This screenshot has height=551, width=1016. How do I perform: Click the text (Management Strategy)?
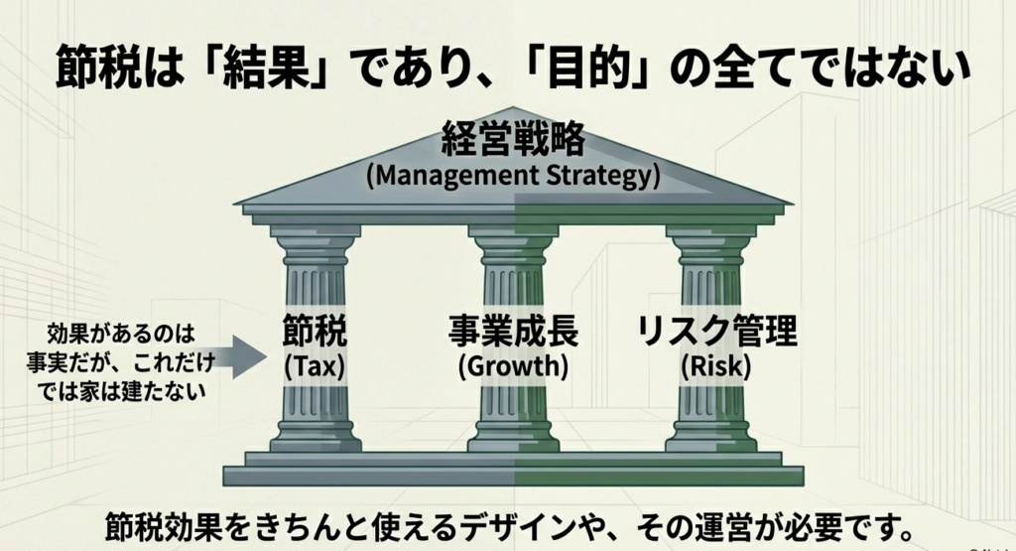pyautogui.click(x=513, y=177)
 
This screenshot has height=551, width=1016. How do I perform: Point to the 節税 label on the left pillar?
pyautogui.click(x=316, y=332)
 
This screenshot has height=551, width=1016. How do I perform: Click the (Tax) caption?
pyautogui.click(x=316, y=366)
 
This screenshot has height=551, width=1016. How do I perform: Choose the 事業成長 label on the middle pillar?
pyautogui.click(x=513, y=332)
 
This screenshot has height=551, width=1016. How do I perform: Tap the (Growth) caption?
pyautogui.click(x=513, y=366)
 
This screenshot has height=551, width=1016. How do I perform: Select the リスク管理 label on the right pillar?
pyautogui.click(x=715, y=332)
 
